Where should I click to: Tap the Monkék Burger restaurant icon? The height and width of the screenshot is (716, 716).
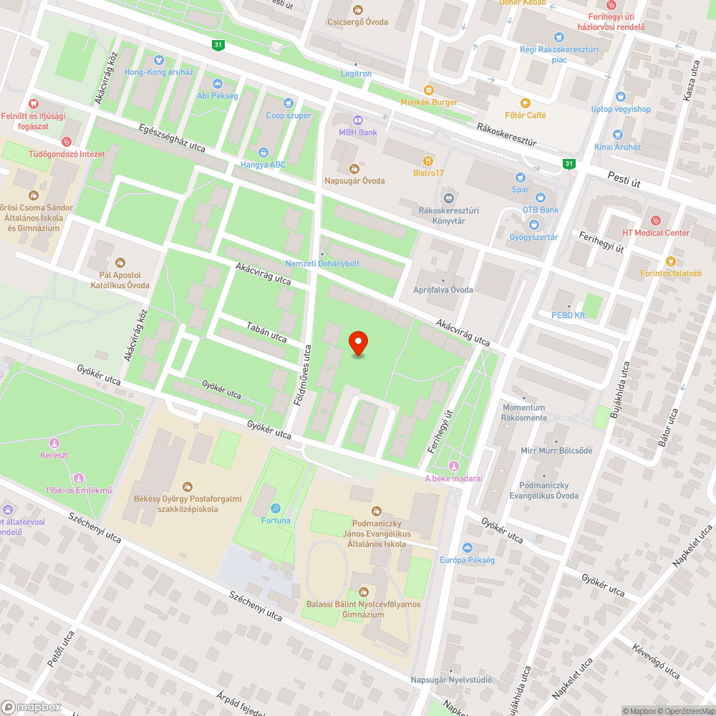point(429,90)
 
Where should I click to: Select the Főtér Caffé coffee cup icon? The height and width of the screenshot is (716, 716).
point(525,103)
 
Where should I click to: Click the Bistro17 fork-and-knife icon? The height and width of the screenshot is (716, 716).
point(429,161)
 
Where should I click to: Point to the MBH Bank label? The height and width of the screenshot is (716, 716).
point(358,132)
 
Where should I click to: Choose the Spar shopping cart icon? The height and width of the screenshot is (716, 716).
point(521,178)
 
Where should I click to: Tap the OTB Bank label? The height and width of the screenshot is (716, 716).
point(540,210)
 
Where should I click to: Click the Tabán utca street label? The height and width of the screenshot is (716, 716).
point(266,332)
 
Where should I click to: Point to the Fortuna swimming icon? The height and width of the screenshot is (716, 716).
point(276,509)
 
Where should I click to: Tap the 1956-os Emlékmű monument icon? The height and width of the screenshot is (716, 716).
point(78,478)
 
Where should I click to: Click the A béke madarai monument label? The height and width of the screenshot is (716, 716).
point(454,478)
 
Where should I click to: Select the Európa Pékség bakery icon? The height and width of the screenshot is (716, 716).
point(467,548)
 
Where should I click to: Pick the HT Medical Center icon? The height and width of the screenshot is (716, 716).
point(654,220)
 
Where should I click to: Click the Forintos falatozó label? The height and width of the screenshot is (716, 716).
point(671,273)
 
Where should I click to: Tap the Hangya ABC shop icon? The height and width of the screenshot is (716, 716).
point(263,153)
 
